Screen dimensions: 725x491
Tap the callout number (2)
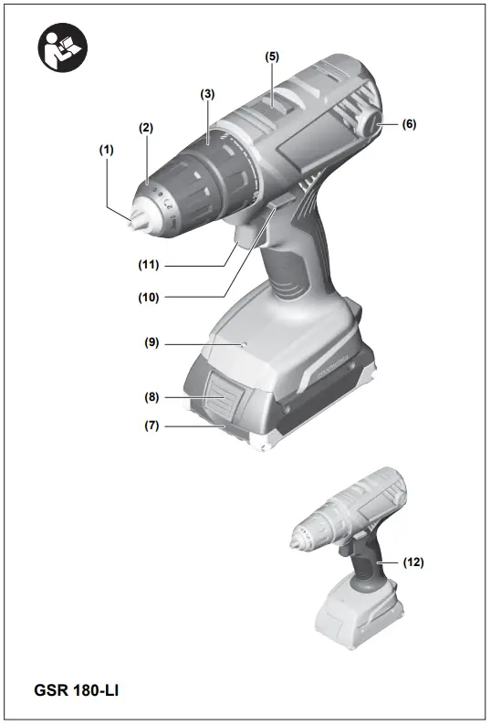point(146,128)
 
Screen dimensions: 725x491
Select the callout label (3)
point(208,94)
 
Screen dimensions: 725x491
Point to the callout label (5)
point(272,56)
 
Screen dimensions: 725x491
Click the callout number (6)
point(409,124)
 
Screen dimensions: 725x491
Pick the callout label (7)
point(151,426)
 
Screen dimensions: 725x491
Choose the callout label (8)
point(151,398)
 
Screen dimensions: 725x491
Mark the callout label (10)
point(149,297)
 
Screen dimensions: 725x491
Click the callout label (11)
point(149,266)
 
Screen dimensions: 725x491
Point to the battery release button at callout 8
point(221,399)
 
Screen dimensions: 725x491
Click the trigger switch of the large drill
point(248,234)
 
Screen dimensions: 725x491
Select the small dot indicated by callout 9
point(242,344)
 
